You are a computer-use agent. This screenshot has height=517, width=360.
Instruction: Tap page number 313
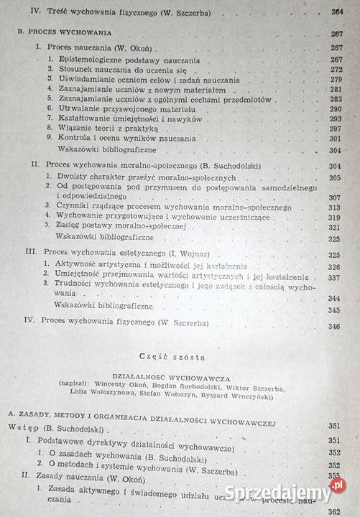336,216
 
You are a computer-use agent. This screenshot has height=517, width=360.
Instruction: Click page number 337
335,276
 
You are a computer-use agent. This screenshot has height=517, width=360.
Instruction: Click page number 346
334,326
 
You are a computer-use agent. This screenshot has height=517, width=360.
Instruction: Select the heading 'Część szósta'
179,356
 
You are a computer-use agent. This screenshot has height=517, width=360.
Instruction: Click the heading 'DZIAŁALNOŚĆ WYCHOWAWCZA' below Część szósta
180,374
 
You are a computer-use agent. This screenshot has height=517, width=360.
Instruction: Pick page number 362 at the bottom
334,511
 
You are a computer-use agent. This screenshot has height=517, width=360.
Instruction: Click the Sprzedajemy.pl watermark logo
281,491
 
